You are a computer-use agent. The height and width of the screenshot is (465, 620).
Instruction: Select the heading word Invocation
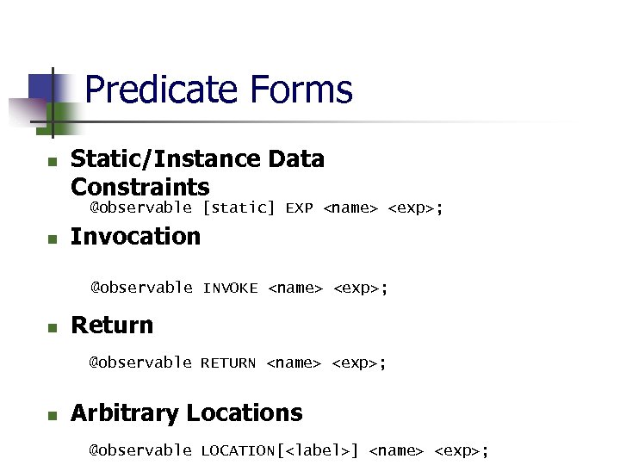[135, 236]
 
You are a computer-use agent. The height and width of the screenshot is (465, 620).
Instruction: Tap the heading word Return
[112, 325]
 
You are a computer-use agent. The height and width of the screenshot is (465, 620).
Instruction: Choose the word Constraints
[139, 187]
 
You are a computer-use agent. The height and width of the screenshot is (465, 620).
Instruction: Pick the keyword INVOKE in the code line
[230, 288]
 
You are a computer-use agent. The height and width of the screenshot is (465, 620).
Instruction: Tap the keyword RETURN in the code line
[228, 363]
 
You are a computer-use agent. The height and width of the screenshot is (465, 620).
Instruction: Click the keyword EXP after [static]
[299, 208]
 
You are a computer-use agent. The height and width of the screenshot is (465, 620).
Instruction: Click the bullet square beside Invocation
[52, 239]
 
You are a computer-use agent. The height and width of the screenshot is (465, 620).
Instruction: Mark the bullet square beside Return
[52, 328]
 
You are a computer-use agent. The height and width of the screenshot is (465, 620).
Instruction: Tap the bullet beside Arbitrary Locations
[52, 416]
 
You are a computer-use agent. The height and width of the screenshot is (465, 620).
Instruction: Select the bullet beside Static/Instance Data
[52, 162]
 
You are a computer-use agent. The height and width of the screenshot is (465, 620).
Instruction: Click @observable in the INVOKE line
[141, 288]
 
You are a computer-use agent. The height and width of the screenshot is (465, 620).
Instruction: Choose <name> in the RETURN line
[294, 363]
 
